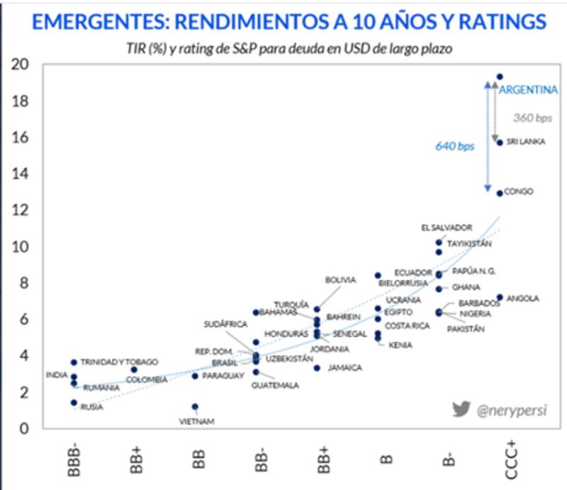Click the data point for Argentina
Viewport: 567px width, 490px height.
click(x=500, y=76)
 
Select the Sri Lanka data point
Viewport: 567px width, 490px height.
click(x=500, y=142)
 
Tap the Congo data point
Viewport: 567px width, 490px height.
click(x=500, y=193)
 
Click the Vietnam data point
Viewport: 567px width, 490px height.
click(x=195, y=406)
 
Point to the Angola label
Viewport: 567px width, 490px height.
click(x=522, y=299)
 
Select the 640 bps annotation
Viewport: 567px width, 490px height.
click(x=454, y=147)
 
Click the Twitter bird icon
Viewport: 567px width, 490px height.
click(x=461, y=409)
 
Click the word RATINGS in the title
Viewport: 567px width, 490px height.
click(x=497, y=21)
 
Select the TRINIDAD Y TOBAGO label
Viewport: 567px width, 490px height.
click(x=119, y=362)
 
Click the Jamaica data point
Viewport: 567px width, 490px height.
click(x=317, y=367)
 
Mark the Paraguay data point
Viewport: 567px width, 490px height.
click(x=195, y=376)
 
